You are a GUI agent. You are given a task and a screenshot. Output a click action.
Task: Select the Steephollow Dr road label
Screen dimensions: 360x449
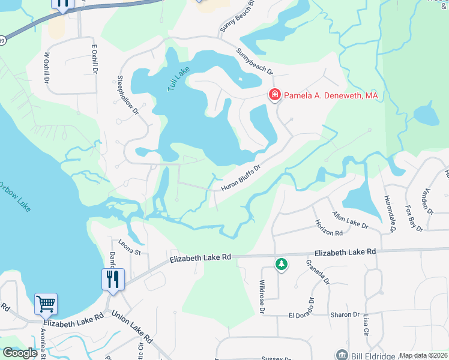point(128,95)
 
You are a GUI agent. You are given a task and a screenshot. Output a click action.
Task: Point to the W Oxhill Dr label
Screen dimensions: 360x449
point(46,68)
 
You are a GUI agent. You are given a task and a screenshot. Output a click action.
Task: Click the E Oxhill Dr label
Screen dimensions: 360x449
point(94,59)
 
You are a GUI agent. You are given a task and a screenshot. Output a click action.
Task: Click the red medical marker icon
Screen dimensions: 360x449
point(274,95)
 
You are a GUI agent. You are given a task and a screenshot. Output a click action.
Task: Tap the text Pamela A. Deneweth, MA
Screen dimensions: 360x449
point(331,95)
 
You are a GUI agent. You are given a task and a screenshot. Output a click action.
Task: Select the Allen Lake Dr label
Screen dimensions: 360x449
point(350,219)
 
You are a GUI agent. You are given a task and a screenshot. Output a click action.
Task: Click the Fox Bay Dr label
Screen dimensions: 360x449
point(414,219)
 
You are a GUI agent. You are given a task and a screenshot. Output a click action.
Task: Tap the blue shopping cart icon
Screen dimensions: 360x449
point(46,304)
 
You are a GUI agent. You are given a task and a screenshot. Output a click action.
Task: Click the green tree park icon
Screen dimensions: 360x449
point(280,264)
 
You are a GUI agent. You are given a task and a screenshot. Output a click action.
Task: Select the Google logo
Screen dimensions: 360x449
point(20,353)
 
